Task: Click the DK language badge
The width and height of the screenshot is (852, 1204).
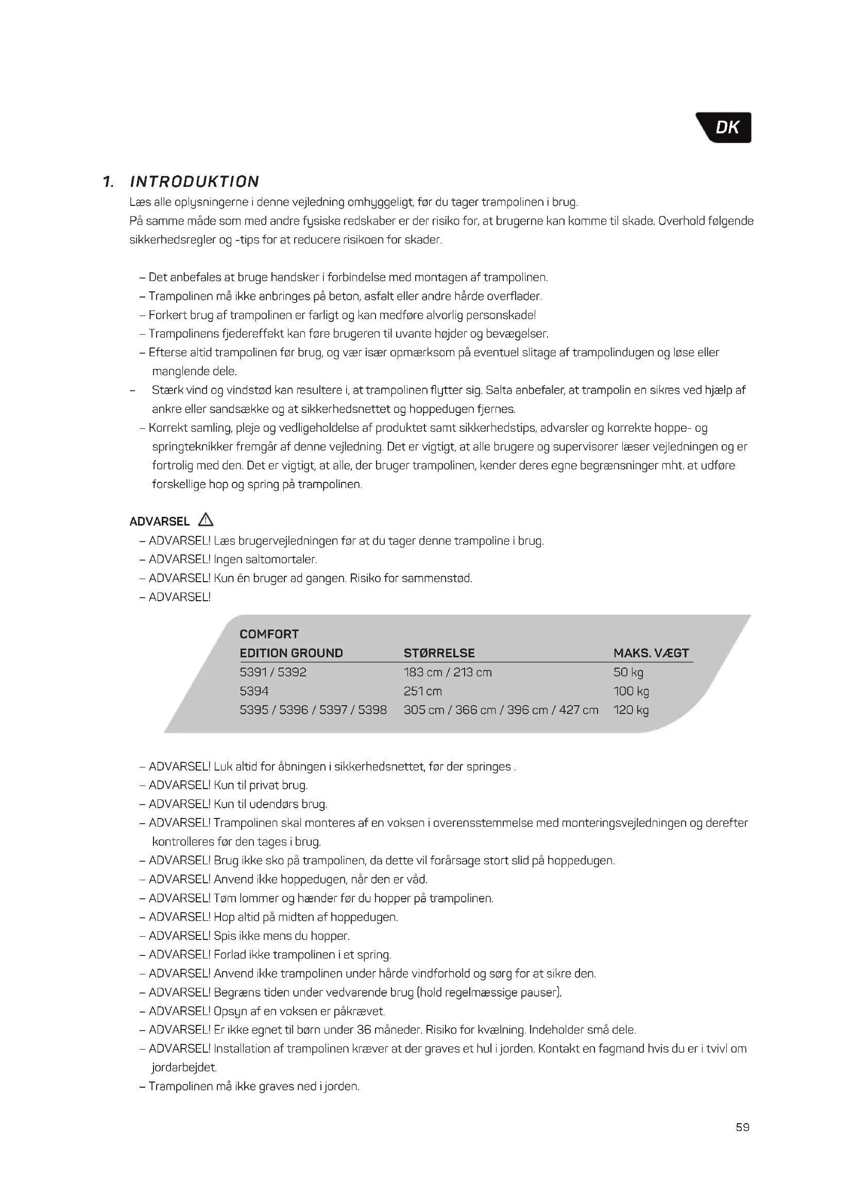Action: (727, 128)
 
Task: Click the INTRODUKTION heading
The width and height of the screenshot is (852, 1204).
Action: (194, 181)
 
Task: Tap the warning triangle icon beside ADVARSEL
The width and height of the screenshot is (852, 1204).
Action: (206, 520)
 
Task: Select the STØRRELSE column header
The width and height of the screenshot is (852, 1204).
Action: (439, 653)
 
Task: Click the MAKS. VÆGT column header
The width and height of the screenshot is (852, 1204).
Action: (651, 653)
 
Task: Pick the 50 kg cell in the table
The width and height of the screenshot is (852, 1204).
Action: (628, 672)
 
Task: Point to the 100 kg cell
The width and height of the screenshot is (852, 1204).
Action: (631, 691)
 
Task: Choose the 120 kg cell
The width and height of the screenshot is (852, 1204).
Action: (631, 710)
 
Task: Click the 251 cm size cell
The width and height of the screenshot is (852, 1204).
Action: (422, 691)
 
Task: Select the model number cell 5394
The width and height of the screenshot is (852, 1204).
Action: (254, 691)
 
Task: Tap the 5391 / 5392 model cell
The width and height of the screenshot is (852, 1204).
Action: (273, 672)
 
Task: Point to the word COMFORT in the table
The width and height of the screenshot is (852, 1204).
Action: (269, 634)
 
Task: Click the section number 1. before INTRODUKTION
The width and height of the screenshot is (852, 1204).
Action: (109, 182)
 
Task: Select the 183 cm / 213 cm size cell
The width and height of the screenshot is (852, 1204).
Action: (448, 672)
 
